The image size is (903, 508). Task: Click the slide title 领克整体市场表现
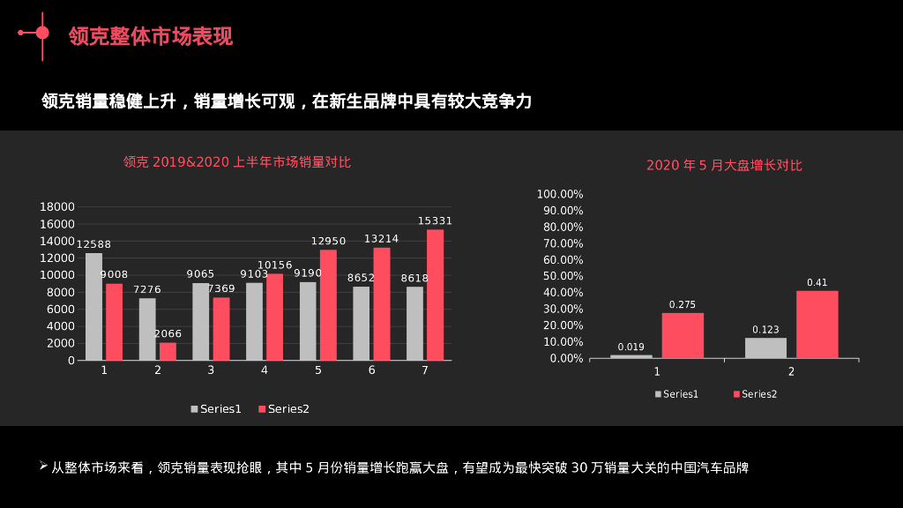pyautogui.click(x=151, y=36)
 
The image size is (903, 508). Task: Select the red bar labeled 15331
pyautogui.click(x=435, y=295)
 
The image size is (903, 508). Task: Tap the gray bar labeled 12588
pyautogui.click(x=93, y=306)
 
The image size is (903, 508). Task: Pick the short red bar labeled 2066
pyautogui.click(x=168, y=351)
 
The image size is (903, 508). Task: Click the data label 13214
pyautogui.click(x=381, y=239)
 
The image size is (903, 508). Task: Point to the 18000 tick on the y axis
pyautogui.click(x=58, y=206)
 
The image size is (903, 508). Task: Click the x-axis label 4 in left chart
pyautogui.click(x=265, y=370)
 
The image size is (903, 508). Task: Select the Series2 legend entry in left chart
pyautogui.click(x=283, y=409)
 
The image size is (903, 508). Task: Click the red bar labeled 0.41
pyautogui.click(x=817, y=324)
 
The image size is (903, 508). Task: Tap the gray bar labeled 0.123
pyautogui.click(x=765, y=347)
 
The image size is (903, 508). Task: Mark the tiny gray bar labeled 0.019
pyautogui.click(x=631, y=355)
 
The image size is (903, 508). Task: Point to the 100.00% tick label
pyautogui.click(x=560, y=194)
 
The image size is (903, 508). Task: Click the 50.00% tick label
pyautogui.click(x=562, y=276)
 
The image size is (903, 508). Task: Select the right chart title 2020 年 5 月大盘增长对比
pyautogui.click(x=724, y=165)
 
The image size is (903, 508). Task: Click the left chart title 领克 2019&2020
pyautogui.click(x=236, y=161)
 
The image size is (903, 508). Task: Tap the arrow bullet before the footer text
pyautogui.click(x=43, y=465)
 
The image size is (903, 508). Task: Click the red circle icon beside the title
pyautogui.click(x=41, y=33)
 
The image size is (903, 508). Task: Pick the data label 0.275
pyautogui.click(x=683, y=305)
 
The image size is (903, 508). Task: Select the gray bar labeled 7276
pyautogui.click(x=147, y=329)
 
